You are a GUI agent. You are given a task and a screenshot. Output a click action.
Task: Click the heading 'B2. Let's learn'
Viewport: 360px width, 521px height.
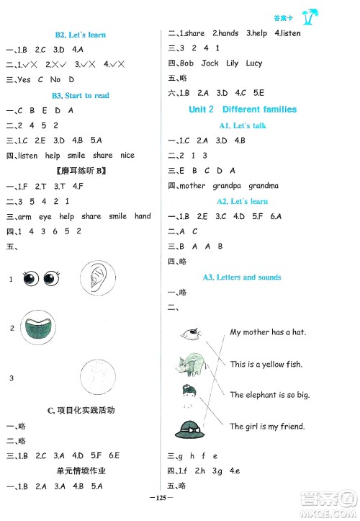(79, 35)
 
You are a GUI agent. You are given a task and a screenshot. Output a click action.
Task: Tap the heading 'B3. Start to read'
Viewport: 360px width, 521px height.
(79, 95)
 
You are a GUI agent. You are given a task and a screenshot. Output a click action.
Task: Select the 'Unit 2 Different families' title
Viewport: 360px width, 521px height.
(242, 110)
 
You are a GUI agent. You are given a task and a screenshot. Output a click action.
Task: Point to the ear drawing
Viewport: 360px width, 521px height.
(94, 277)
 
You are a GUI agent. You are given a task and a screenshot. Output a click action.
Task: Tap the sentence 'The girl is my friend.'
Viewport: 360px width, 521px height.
(267, 427)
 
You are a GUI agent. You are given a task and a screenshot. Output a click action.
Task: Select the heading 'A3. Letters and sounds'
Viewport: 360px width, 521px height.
(242, 277)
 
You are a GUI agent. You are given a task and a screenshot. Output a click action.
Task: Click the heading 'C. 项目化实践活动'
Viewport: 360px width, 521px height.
(81, 410)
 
